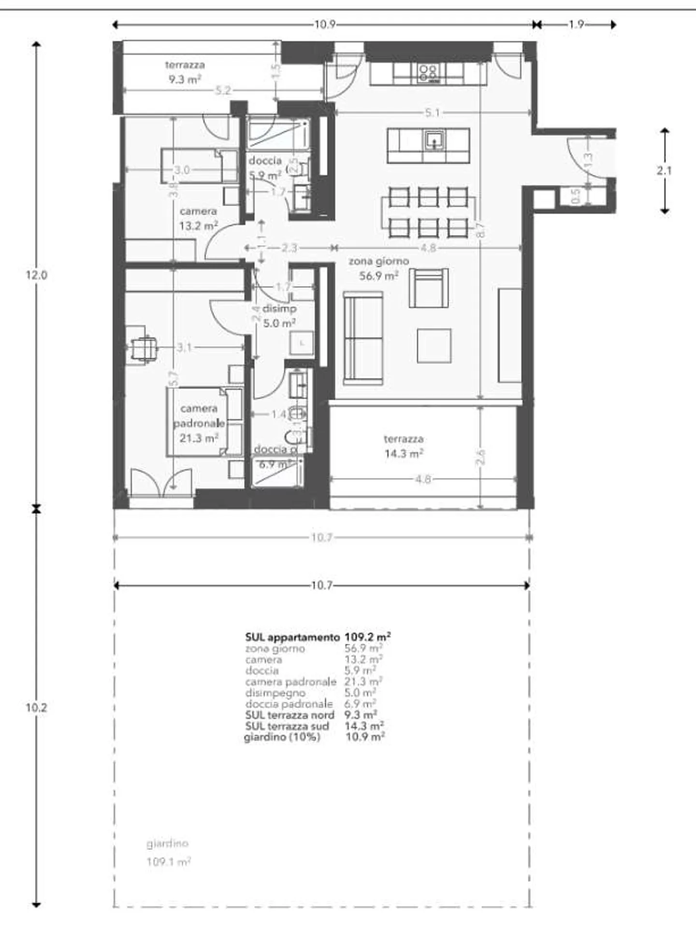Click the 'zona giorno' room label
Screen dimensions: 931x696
[378, 261]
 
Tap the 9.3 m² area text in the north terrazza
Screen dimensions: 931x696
[185, 79]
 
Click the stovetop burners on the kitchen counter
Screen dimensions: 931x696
[428, 73]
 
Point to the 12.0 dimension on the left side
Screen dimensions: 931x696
[36, 275]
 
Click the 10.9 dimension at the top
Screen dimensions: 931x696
[325, 25]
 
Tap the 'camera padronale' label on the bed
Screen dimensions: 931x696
[199, 416]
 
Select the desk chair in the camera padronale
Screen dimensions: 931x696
[144, 348]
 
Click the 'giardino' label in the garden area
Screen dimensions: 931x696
[167, 844]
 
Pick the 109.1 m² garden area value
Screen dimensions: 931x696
[168, 862]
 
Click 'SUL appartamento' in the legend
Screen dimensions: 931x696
[292, 637]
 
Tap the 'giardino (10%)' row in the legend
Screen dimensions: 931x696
[282, 738]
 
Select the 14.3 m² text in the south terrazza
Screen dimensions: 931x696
[404, 454]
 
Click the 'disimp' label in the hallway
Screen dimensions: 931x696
[279, 308]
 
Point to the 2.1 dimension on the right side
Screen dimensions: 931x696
[664, 170]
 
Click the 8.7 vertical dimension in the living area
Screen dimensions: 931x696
[480, 229]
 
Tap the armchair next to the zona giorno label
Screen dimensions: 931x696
[428, 289]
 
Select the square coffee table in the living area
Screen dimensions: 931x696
[434, 346]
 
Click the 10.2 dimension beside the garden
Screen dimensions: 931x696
[36, 708]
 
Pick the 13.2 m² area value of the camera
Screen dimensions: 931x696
[198, 226]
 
